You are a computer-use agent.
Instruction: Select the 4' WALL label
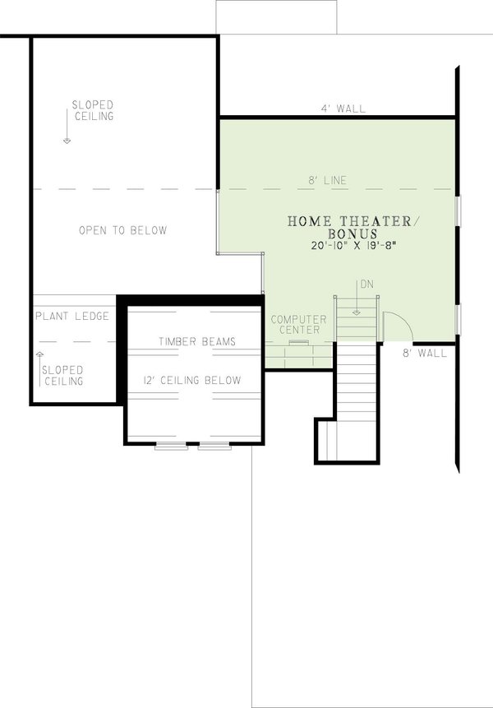pyautogui.click(x=343, y=109)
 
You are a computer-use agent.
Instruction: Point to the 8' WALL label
pyautogui.click(x=424, y=354)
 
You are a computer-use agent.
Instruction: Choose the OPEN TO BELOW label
pyautogui.click(x=122, y=230)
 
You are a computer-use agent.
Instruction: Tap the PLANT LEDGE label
pyautogui.click(x=72, y=316)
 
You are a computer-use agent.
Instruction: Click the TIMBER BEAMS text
pyautogui.click(x=196, y=341)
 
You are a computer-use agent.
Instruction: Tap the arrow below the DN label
pyautogui.click(x=357, y=304)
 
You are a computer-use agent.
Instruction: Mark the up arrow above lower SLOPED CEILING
pyautogui.click(x=39, y=357)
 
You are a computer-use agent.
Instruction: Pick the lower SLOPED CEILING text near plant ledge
pyautogui.click(x=62, y=376)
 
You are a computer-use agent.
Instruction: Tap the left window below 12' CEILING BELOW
pyautogui.click(x=172, y=447)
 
